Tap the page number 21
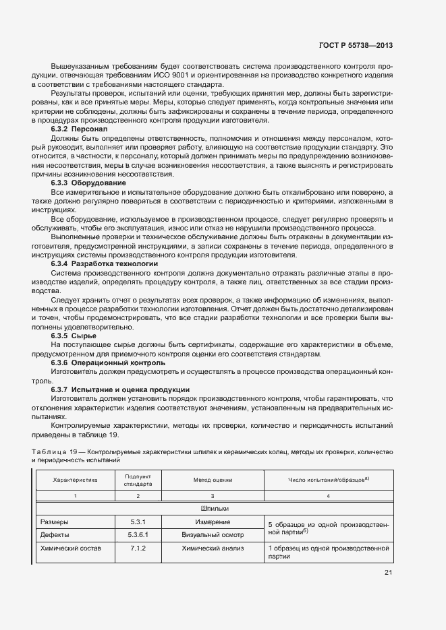(x=387, y=573)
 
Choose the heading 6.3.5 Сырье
(x=74, y=335)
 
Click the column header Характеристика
(x=76, y=480)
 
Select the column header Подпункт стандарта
(x=138, y=480)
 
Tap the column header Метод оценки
(x=213, y=480)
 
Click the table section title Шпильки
(x=214, y=509)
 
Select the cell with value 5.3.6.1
(x=138, y=535)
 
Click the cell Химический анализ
(x=213, y=549)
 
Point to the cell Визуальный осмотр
(x=213, y=535)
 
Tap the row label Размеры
(x=55, y=522)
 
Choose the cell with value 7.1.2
(x=138, y=549)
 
